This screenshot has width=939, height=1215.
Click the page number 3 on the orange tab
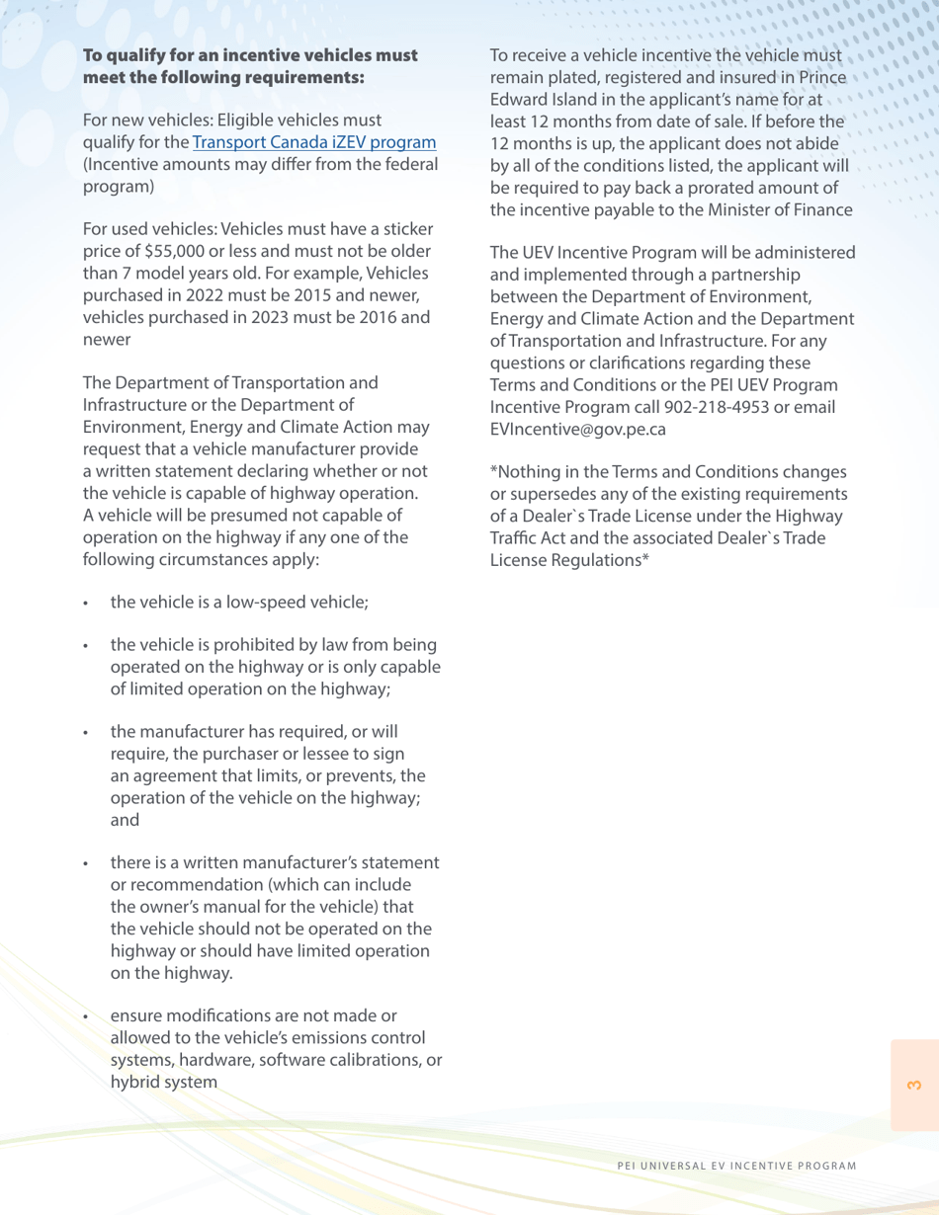click(913, 1086)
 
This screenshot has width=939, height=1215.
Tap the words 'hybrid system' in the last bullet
click(164, 1081)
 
